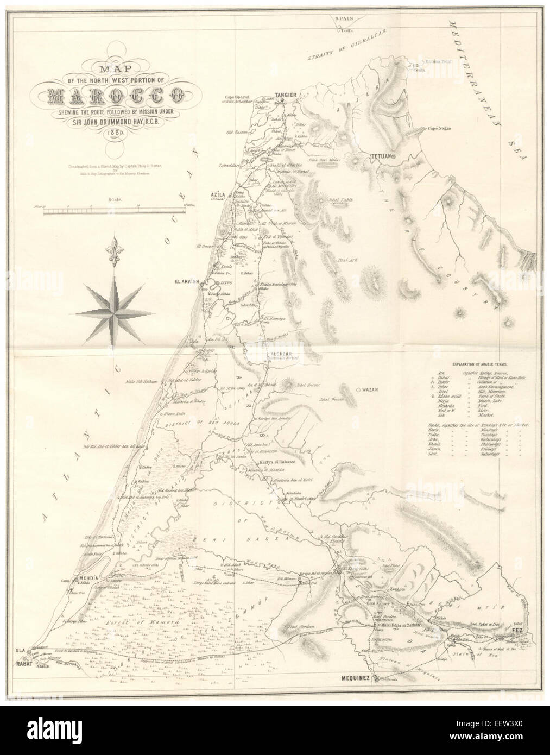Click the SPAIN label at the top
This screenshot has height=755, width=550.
point(343,17)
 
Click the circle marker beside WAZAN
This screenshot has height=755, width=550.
point(358,390)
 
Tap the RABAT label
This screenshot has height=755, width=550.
point(22,664)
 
